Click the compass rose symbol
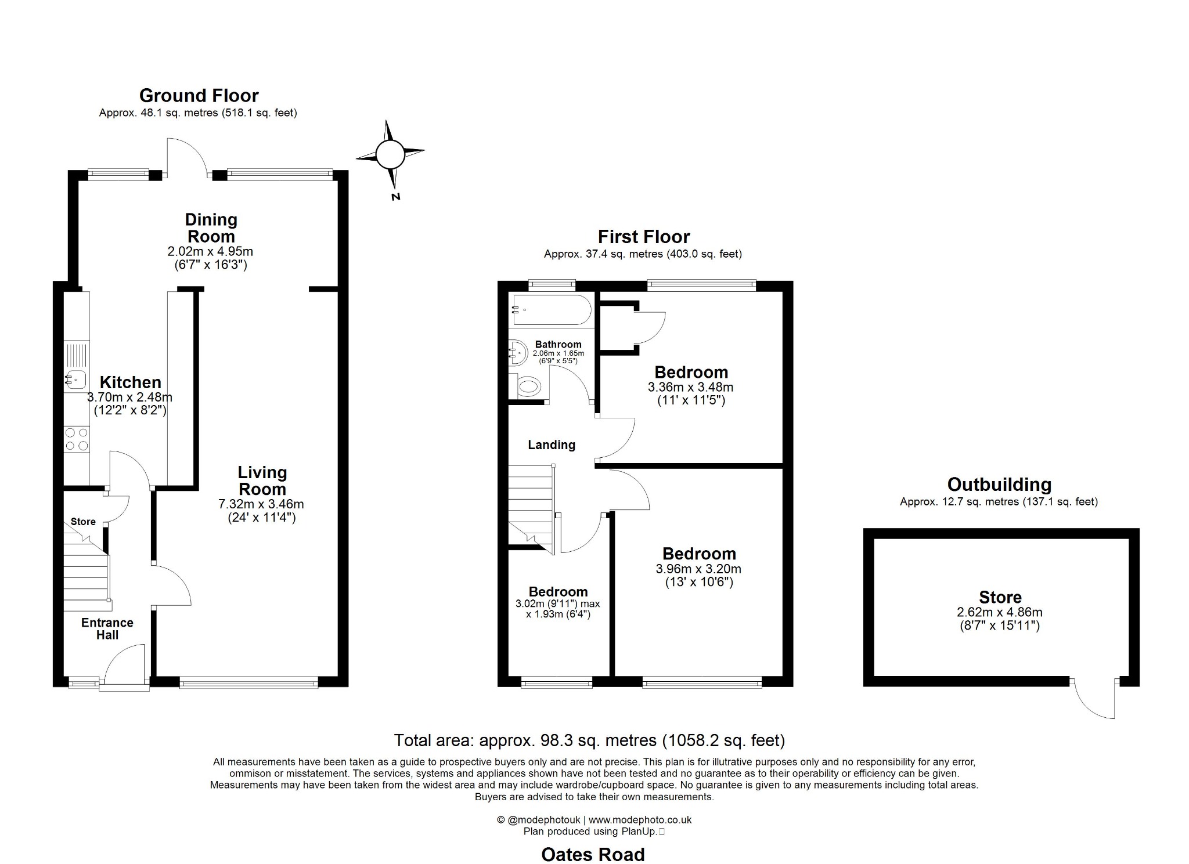tap(390, 154)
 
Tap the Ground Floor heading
tap(199, 95)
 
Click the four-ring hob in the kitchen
tap(76, 439)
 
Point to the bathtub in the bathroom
tap(550, 310)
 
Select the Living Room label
tap(262, 480)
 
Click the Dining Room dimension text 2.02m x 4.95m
tap(210, 252)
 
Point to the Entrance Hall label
tap(107, 628)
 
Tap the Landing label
tap(551, 445)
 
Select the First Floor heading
tap(643, 237)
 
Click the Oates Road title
tap(593, 854)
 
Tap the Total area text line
tap(589, 740)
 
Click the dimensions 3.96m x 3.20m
tap(698, 569)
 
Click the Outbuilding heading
tap(999, 485)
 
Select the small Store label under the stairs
tap(83, 522)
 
